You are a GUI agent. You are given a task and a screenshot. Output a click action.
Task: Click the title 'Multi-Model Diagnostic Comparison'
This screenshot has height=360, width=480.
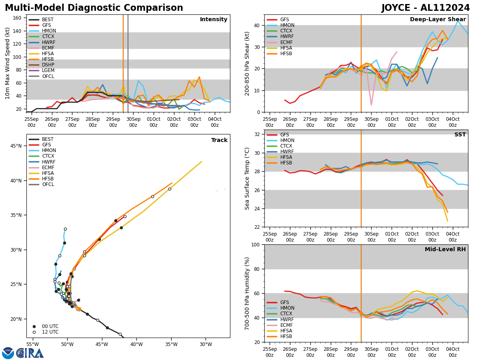point(94,8)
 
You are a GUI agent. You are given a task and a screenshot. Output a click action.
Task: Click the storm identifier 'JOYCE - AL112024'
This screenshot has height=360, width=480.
point(426,8)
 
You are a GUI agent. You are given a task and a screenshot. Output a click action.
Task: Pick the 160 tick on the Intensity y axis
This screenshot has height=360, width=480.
point(21,18)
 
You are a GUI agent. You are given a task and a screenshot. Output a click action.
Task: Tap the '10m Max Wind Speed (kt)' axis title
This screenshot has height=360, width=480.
point(8,63)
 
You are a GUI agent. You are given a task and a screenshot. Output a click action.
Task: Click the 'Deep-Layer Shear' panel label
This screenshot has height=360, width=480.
point(438,20)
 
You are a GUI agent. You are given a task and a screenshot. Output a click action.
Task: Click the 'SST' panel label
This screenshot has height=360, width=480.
point(460,135)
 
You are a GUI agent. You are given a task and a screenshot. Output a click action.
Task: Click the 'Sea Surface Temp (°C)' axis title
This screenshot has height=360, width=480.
point(247,178)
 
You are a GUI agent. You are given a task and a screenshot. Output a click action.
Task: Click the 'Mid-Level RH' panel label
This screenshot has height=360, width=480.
point(445,250)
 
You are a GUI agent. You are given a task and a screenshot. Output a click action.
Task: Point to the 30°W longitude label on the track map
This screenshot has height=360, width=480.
point(206,344)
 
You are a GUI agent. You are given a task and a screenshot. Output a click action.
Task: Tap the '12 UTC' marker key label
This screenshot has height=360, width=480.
point(50,332)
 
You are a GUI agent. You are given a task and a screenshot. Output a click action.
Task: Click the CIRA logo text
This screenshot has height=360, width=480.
point(30,353)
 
